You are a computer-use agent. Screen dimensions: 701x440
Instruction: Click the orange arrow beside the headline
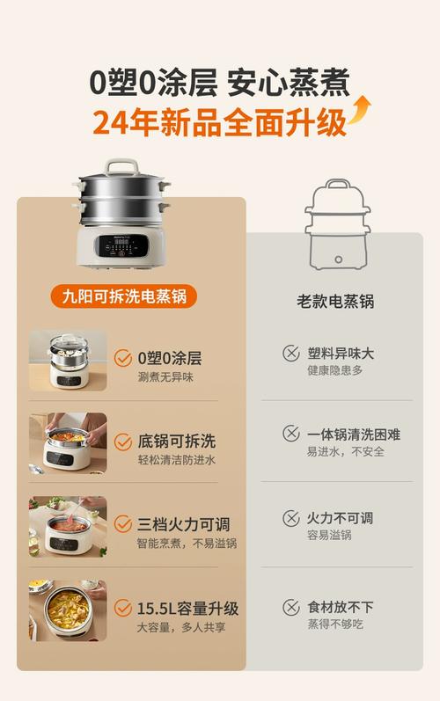359,112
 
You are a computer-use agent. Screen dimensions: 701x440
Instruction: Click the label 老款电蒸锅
335,301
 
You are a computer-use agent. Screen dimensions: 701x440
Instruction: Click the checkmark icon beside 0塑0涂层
123,358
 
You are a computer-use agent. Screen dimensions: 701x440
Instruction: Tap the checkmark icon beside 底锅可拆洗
123,442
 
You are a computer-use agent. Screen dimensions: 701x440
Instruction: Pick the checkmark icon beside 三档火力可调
123,525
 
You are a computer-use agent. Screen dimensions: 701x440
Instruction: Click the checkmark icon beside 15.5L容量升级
123,608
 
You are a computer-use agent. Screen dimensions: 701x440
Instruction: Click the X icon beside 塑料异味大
290,353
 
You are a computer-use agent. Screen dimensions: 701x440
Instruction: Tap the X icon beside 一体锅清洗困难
290,434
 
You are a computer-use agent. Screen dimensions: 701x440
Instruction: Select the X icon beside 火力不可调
290,518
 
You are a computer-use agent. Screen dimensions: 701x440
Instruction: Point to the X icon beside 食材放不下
290,607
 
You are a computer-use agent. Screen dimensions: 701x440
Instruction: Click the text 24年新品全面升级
219,122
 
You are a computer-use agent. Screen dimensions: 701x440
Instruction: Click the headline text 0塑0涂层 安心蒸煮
219,83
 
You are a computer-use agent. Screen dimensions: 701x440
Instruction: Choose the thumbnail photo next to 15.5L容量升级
68,610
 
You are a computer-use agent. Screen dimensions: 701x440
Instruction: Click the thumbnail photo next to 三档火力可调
68,527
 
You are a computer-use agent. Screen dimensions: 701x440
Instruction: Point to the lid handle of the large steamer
118,165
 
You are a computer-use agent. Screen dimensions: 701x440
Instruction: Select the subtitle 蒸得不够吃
334,624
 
